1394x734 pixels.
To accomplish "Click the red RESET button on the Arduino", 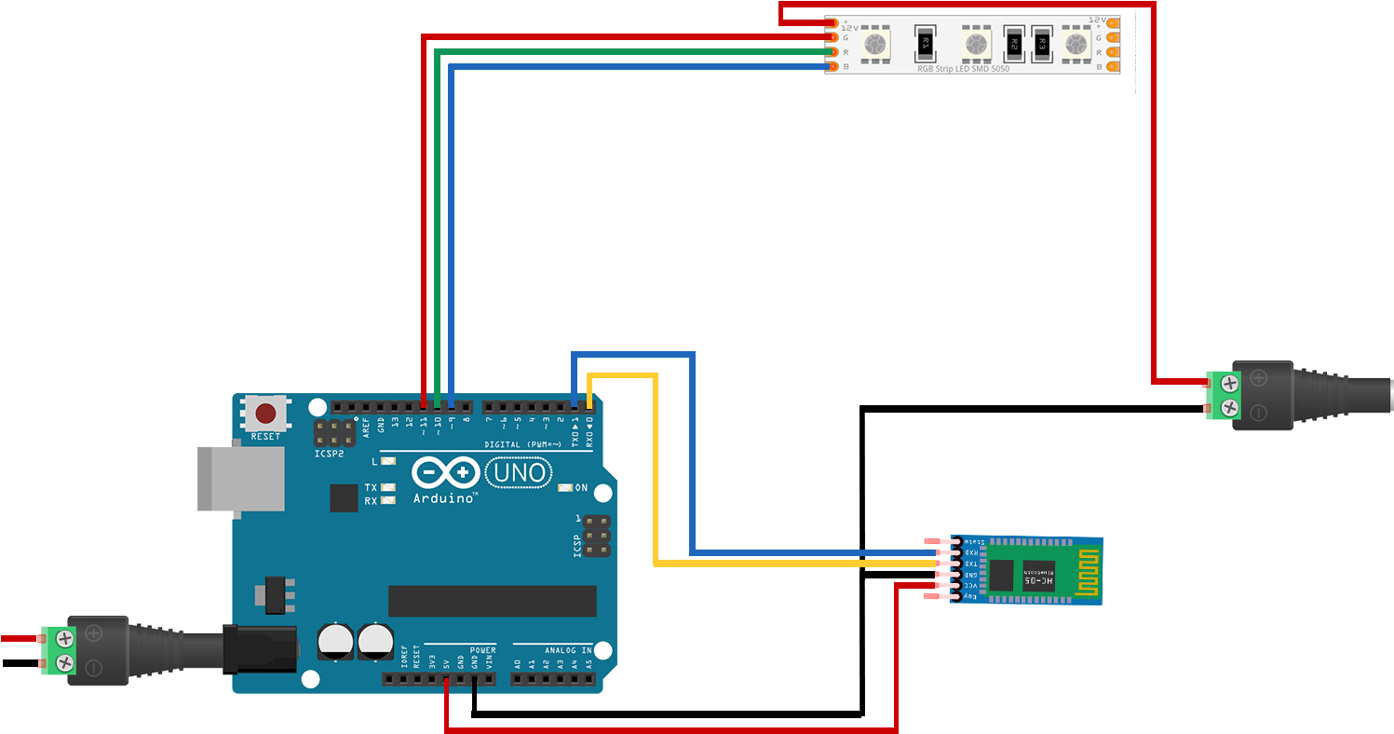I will click(265, 413).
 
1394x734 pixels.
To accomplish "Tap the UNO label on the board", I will click(521, 473).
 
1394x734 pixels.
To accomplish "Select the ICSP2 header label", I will click(328, 454).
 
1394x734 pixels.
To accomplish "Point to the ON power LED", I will click(564, 488).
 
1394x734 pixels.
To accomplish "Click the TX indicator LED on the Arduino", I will click(388, 487).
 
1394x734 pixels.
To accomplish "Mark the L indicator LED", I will click(388, 461).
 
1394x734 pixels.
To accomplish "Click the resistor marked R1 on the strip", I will click(925, 42).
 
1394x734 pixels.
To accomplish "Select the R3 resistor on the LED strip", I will click(1042, 43).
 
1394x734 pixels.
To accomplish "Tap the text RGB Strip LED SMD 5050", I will click(963, 68).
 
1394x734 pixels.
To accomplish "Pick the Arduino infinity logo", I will click(445, 473).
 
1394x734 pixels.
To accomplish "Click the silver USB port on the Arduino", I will click(240, 478).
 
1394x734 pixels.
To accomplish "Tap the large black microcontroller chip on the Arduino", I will click(492, 601).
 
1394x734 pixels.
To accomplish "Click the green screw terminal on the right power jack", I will click(1222, 393).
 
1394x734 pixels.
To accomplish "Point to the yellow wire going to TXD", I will click(656, 484).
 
